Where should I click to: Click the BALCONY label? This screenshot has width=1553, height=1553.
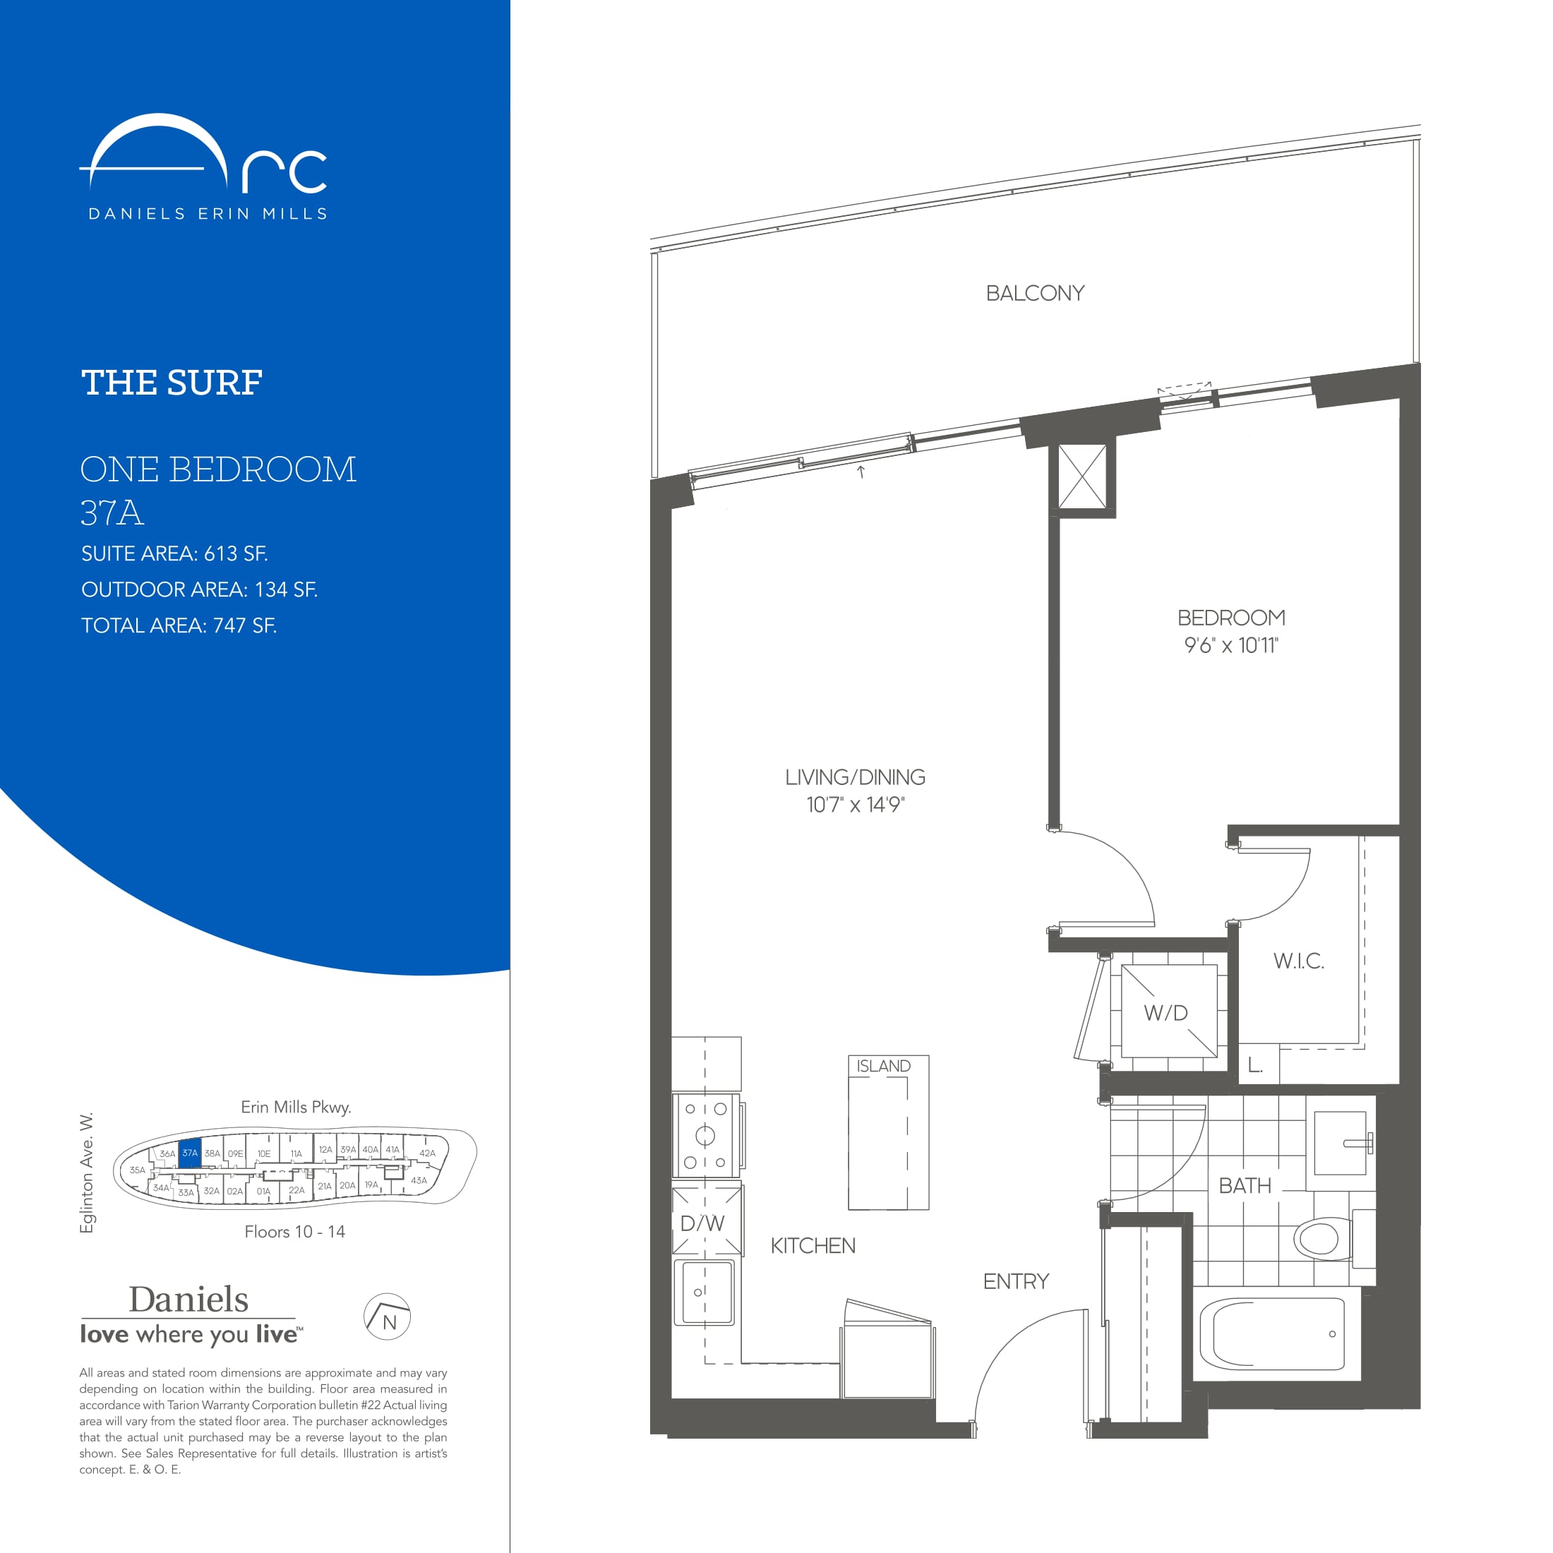click(1036, 294)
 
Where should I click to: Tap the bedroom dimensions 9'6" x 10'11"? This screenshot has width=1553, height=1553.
click(1230, 645)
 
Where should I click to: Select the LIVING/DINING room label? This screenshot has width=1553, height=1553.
click(856, 777)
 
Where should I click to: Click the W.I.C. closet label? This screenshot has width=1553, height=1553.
click(1298, 961)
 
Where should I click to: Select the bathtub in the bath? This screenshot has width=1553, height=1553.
click(1273, 1334)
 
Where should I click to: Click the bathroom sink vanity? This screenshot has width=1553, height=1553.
click(1341, 1143)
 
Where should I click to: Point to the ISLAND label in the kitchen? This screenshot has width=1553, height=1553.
click(883, 1066)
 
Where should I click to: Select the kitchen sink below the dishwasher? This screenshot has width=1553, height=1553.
click(706, 1293)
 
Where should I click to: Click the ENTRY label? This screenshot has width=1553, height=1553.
click(1016, 1281)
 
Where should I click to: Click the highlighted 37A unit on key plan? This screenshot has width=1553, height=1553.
click(190, 1153)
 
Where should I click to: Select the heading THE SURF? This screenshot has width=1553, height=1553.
click(172, 383)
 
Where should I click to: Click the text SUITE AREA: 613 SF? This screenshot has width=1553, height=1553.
click(174, 554)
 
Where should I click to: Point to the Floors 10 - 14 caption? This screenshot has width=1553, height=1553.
click(294, 1232)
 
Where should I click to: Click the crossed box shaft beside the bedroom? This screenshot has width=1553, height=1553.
click(1082, 476)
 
